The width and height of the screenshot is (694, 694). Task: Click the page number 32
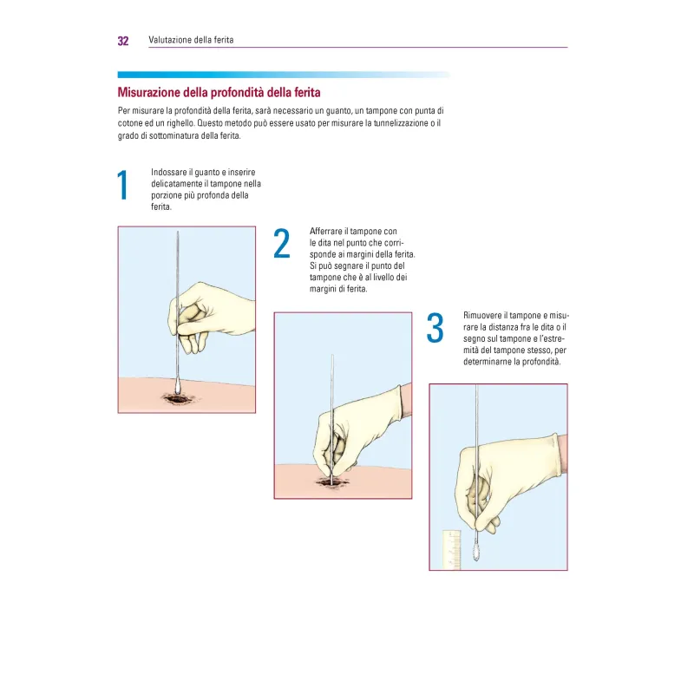point(123,41)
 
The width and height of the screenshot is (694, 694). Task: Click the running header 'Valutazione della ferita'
point(191,40)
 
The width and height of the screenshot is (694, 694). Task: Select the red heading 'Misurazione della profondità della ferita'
point(219,93)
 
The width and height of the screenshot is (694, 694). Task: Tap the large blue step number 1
point(122,185)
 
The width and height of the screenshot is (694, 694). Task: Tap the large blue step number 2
point(282,243)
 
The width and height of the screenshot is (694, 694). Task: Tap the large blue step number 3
point(435,328)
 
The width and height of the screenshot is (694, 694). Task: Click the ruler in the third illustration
point(451,550)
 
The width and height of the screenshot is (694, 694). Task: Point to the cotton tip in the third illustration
point(476,552)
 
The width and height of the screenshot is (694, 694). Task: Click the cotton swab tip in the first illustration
point(178,386)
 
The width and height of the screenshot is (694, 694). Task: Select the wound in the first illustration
point(178,399)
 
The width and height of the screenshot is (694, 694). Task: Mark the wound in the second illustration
point(331,481)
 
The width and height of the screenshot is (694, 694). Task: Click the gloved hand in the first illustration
point(208,317)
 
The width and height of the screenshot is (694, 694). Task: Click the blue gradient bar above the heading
point(284,75)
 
